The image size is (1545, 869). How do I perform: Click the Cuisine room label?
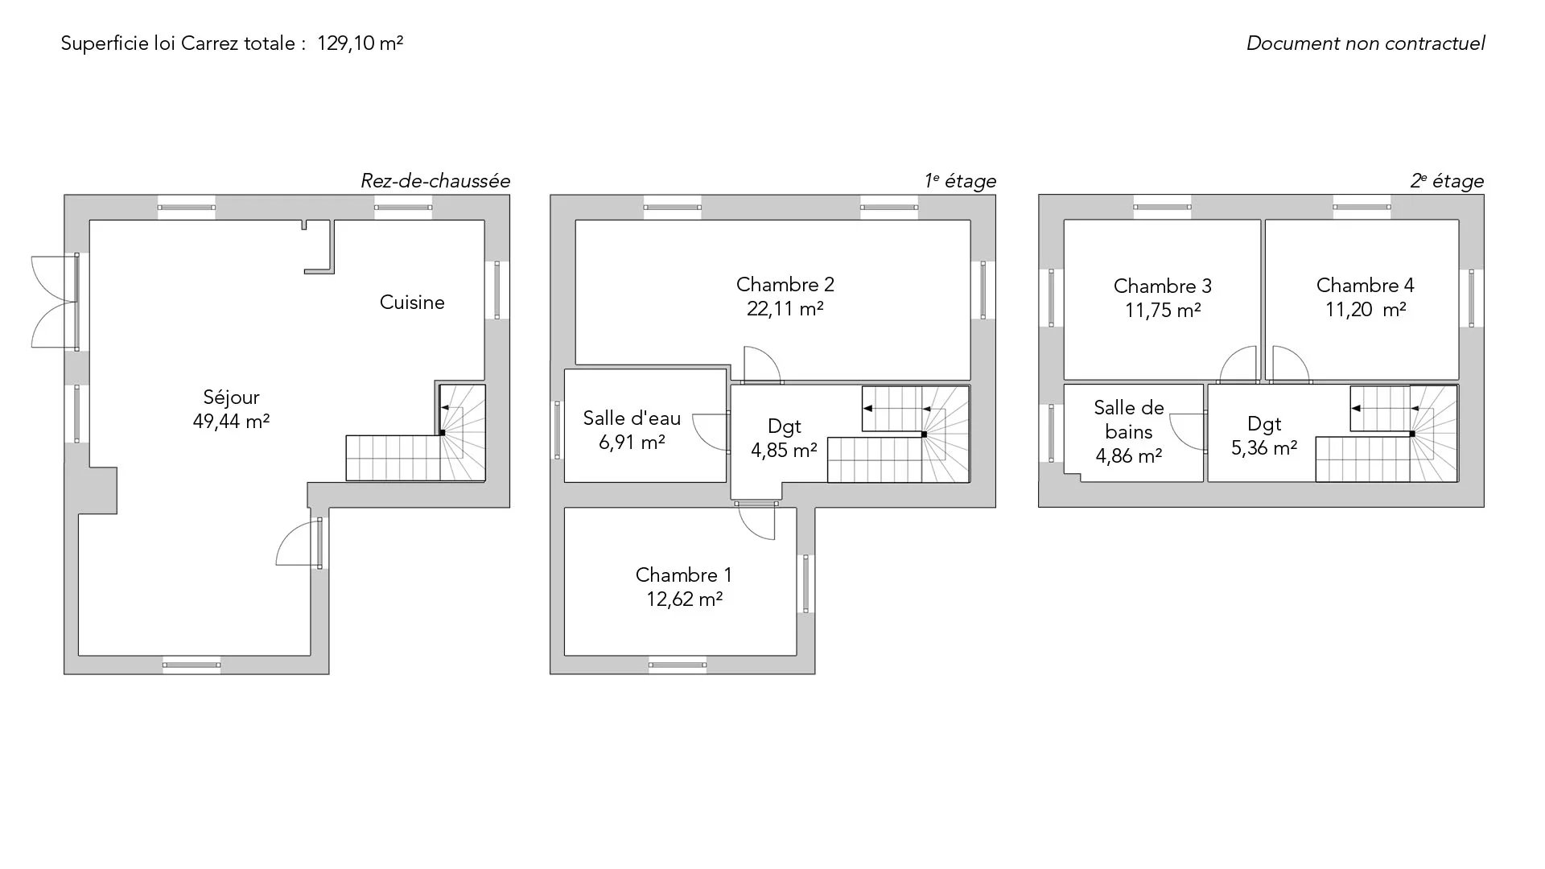click(412, 303)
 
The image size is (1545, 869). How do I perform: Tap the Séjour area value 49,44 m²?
click(231, 421)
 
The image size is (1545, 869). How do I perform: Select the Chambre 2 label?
click(785, 285)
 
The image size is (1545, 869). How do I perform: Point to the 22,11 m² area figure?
click(785, 309)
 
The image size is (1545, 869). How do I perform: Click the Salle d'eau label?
click(632, 418)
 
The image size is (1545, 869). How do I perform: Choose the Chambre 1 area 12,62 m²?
click(684, 599)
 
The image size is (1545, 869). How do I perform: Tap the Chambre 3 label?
click(1163, 286)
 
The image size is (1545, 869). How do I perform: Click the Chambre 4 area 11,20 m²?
click(1366, 310)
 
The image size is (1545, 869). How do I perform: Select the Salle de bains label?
click(1129, 420)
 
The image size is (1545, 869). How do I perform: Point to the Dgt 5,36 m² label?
click(1264, 436)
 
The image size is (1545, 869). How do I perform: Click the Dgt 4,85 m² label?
click(784, 439)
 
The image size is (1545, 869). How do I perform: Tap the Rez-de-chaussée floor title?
click(435, 181)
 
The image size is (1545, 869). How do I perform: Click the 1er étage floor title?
click(960, 181)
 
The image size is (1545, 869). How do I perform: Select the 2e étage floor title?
click(1447, 181)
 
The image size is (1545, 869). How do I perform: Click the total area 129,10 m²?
click(360, 43)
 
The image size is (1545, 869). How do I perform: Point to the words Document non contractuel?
click(1366, 43)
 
